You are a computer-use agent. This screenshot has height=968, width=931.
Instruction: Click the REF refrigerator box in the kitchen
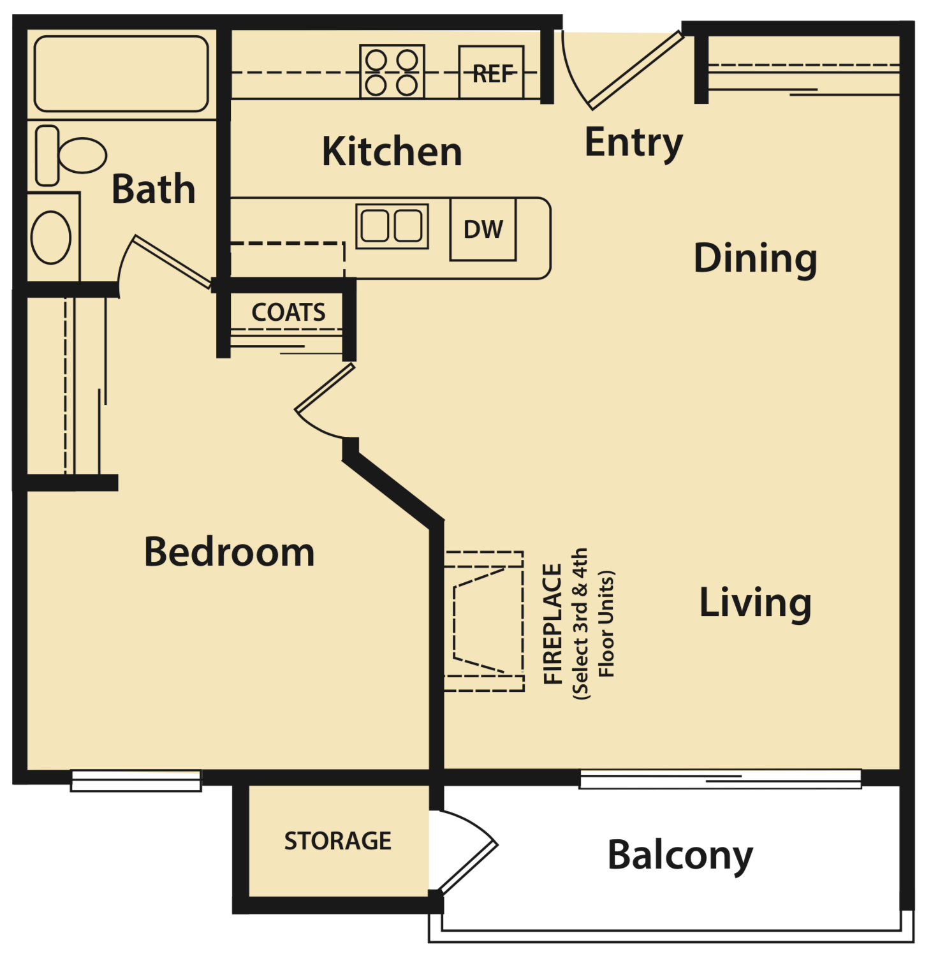coord(491,72)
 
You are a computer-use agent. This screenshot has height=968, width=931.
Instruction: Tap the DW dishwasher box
coord(483,230)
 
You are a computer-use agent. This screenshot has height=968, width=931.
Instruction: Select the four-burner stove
coord(392,71)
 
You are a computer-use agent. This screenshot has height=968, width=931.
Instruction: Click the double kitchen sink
coord(392,226)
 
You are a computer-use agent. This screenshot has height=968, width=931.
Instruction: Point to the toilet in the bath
coord(71,156)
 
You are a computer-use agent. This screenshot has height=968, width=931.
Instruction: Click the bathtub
coord(121,74)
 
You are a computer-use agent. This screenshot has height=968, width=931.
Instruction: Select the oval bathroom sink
coord(51,237)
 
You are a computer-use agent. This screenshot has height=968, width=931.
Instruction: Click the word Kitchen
coord(392,152)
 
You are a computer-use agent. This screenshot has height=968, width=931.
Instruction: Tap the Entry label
coord(633,143)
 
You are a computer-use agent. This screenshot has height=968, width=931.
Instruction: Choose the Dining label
coord(755,258)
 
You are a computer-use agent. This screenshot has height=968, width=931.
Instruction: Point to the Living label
coord(755,603)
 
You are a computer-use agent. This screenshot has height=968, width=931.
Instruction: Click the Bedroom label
coord(230,552)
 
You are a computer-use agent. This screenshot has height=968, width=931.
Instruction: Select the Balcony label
coord(680,855)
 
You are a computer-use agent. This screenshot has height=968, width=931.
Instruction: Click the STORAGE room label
coord(337,841)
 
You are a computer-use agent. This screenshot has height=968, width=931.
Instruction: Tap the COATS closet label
coord(288,312)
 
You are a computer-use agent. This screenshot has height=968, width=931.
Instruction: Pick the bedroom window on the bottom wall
coord(136,781)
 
